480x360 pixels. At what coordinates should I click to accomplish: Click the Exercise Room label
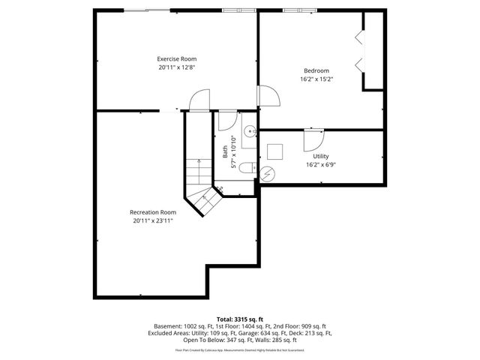[x=176, y=58]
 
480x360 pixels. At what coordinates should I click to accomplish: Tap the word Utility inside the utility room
[x=321, y=156]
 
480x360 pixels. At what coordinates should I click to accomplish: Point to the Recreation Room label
[x=153, y=212]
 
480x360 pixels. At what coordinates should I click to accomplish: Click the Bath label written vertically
[x=225, y=151]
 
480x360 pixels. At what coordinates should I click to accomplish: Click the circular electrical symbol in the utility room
[x=267, y=173]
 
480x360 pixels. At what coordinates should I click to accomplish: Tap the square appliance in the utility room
[x=275, y=151]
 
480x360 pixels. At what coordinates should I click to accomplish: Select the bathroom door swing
[x=226, y=121]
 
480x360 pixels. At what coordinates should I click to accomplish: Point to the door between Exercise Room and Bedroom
[x=267, y=95]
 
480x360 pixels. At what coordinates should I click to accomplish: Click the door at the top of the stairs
[x=199, y=100]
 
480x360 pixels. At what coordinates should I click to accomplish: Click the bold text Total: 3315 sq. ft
[x=239, y=319]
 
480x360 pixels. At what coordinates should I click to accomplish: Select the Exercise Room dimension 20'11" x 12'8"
[x=176, y=67]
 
